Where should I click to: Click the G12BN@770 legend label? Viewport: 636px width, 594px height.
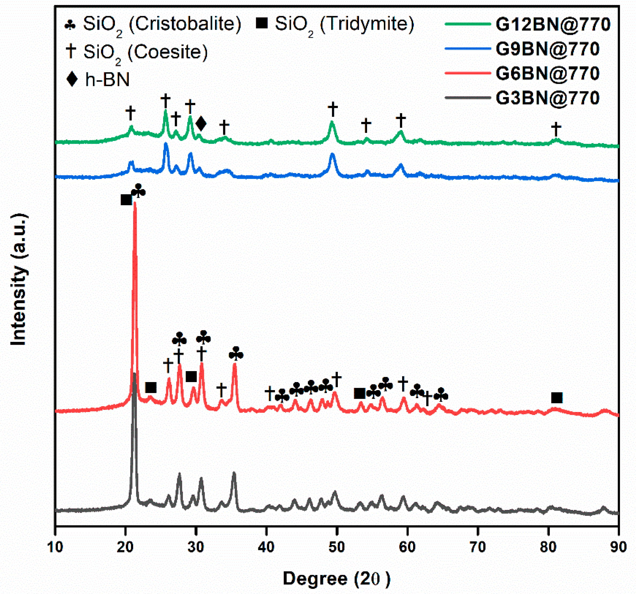pos(553,24)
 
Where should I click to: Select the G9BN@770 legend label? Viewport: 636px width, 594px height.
pos(547,49)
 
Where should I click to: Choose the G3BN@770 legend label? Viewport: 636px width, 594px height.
pos(547,98)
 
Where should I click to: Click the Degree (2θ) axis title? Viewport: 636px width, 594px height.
pos(336,578)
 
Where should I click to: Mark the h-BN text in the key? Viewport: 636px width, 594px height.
pos(107,79)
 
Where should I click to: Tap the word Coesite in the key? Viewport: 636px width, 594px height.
pos(168,51)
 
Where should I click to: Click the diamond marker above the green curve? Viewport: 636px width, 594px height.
pos(201,124)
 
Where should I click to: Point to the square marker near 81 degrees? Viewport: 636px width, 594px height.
pos(557,398)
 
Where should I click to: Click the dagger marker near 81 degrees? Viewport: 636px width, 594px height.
pos(556,129)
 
